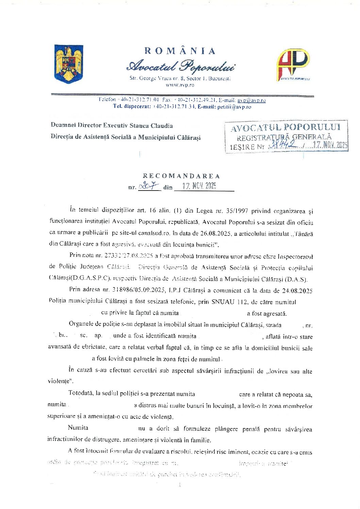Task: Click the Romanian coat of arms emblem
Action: pyautogui.click(x=69, y=63)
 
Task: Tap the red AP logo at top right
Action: pyautogui.click(x=293, y=65)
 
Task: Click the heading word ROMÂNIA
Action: pyautogui.click(x=180, y=51)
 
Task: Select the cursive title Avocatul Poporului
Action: pyautogui.click(x=180, y=66)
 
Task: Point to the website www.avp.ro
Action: pyautogui.click(x=180, y=85)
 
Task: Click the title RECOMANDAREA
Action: pyautogui.click(x=181, y=176)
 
